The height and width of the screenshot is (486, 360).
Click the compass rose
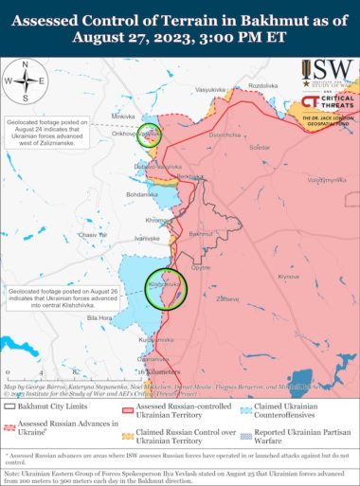tap(27, 81)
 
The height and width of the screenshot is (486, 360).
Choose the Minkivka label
tap(124, 117)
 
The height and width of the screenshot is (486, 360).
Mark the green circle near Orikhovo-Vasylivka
tap(150, 135)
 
